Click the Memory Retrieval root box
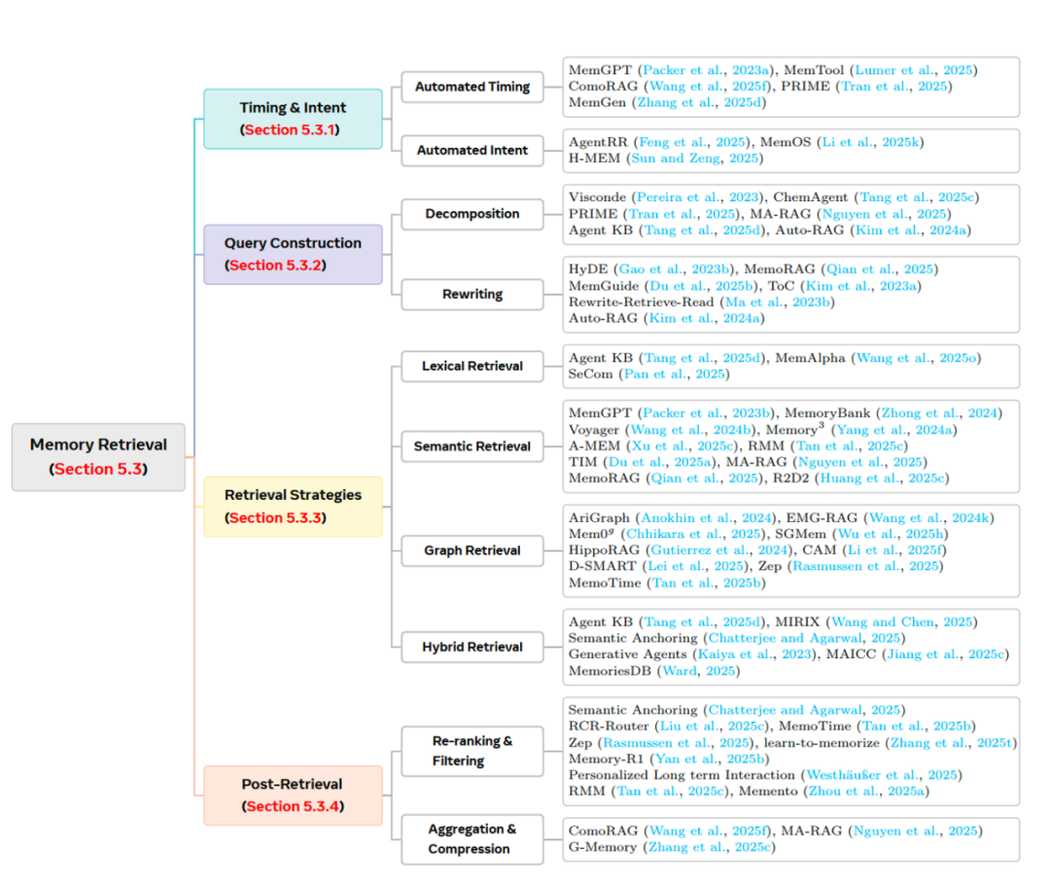point(98,456)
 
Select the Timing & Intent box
point(293,119)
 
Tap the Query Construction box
point(293,254)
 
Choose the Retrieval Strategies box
point(293,506)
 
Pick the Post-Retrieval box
point(293,795)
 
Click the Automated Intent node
point(472,150)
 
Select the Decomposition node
point(472,214)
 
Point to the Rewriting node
point(472,294)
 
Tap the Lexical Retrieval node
point(472,367)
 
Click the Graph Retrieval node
point(472,550)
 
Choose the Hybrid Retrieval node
point(472,647)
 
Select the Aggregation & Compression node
point(472,839)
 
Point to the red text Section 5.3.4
point(292,806)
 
